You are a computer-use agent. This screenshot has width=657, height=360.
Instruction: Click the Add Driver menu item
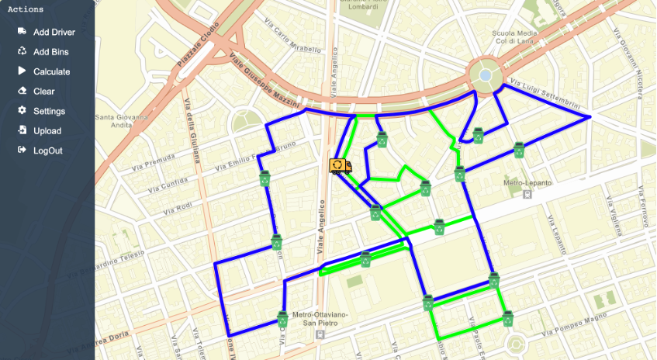(x=54, y=32)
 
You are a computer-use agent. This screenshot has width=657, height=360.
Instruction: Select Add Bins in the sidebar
(x=50, y=52)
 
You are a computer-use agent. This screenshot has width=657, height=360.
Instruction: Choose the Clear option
(x=43, y=92)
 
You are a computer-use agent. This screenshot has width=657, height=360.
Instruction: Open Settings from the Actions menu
(x=49, y=111)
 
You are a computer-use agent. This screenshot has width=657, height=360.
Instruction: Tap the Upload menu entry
(x=47, y=131)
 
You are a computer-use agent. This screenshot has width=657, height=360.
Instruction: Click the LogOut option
(x=47, y=151)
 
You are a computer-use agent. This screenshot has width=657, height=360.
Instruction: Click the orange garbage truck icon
(x=340, y=166)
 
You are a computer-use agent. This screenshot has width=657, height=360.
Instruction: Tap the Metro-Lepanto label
(x=527, y=183)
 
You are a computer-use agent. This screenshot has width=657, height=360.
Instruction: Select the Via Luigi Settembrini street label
(x=542, y=93)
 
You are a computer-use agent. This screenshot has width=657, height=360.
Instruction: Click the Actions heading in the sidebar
(x=25, y=9)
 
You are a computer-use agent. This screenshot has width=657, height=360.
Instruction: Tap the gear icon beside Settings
(x=22, y=111)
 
